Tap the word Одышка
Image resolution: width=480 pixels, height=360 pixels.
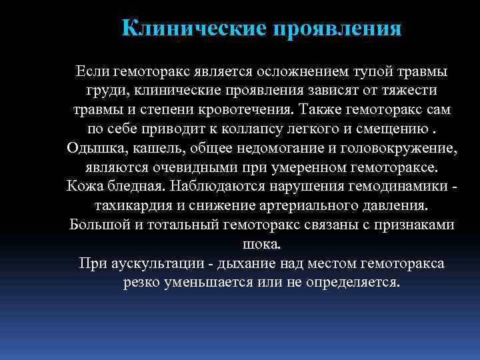tap(92, 147)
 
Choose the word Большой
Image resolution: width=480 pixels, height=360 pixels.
tap(97, 224)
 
